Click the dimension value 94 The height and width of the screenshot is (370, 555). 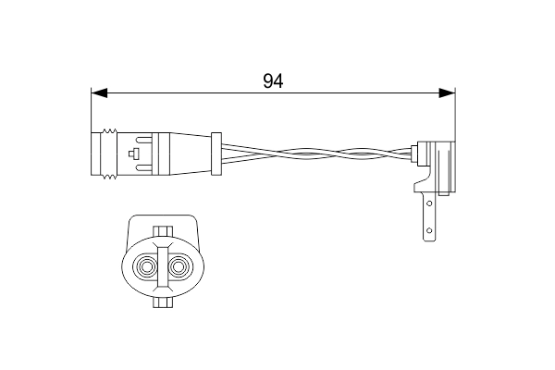[x=272, y=80]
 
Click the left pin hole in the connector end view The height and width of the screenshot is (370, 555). [x=146, y=268]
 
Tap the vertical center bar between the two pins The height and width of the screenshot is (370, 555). [x=162, y=268]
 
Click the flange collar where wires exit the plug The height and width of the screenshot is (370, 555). [x=216, y=153]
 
